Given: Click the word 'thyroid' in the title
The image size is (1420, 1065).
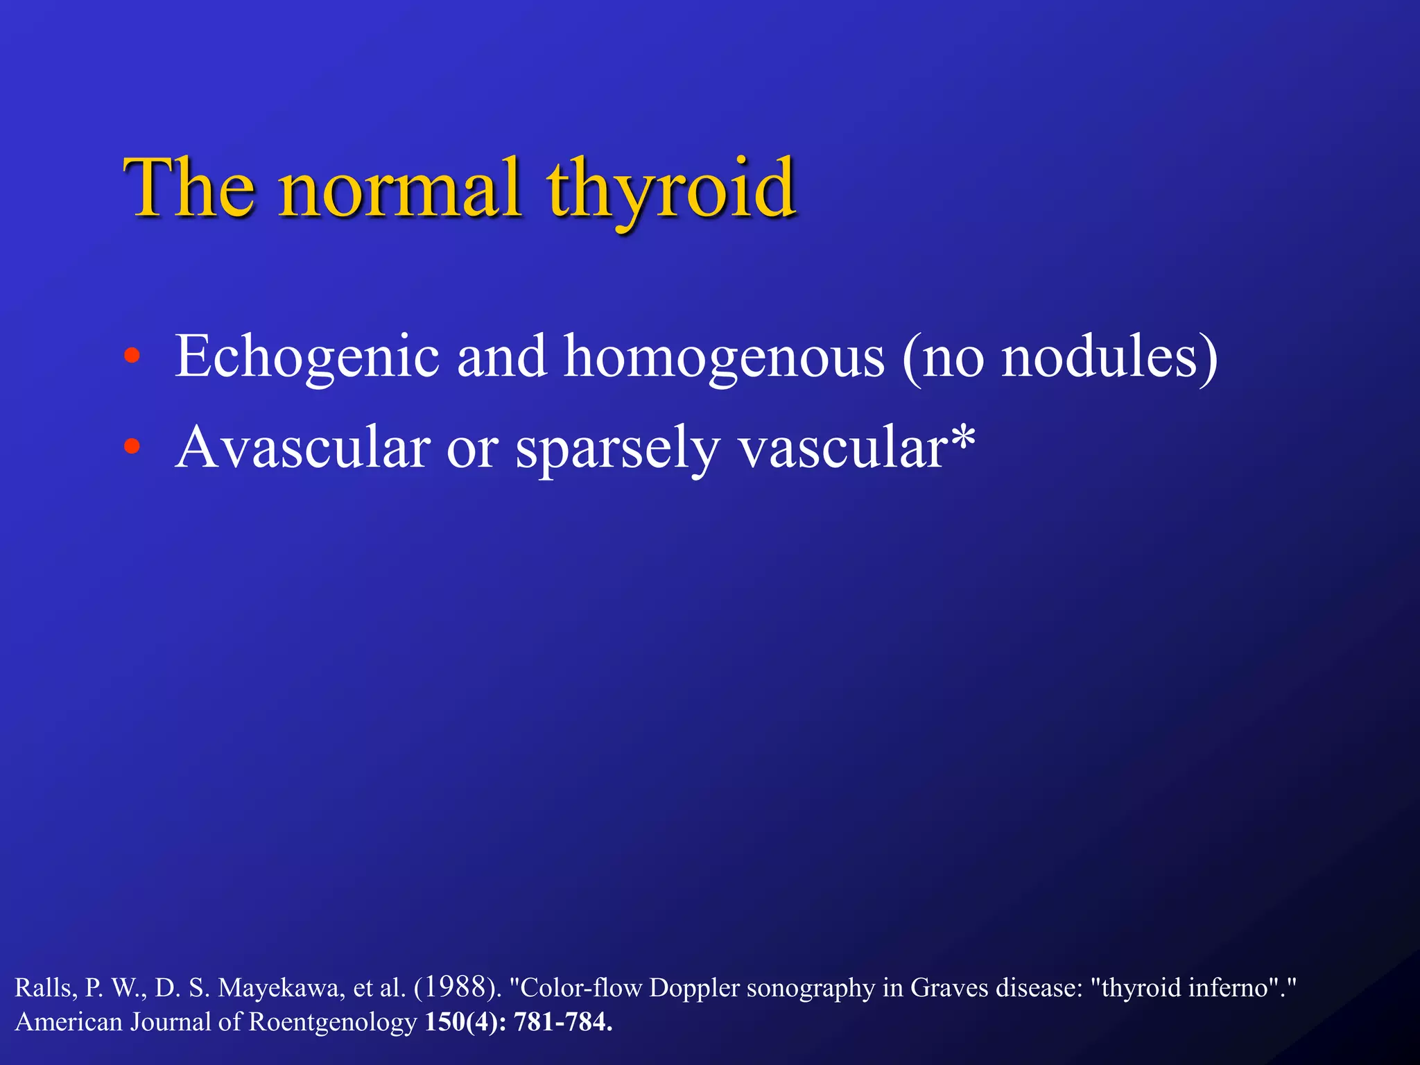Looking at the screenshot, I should (x=671, y=189).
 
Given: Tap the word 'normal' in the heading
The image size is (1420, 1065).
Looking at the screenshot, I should (x=399, y=189).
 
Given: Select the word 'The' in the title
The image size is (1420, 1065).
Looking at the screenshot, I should (x=189, y=189).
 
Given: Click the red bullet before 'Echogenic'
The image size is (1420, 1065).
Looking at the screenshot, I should (x=132, y=358).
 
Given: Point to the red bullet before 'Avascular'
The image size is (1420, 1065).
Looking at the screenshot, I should (x=132, y=447).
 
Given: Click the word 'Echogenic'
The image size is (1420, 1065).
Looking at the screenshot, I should (x=307, y=358).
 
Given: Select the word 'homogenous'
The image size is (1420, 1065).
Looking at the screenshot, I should (x=723, y=358).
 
